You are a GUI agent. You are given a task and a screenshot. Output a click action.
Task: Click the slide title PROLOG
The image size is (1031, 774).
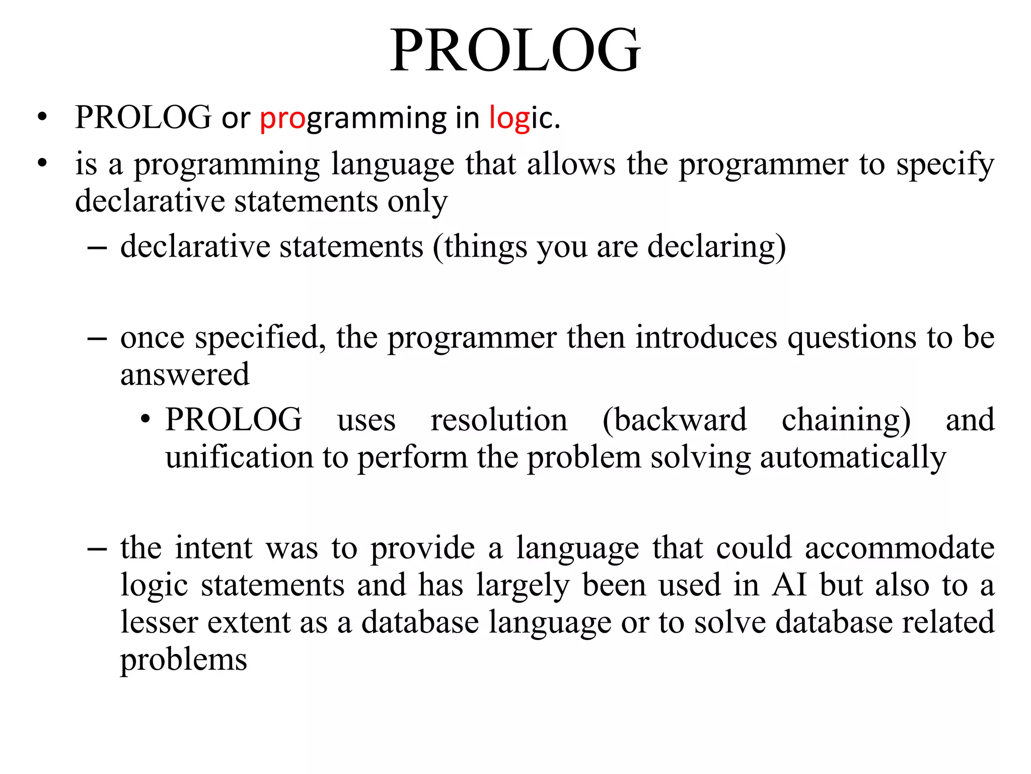(515, 50)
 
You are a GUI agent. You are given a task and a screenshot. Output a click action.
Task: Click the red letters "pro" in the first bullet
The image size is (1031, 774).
(282, 118)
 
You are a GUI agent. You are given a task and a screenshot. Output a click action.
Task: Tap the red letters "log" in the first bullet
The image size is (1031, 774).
(509, 118)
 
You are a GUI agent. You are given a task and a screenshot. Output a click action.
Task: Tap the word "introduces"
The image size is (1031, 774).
(706, 337)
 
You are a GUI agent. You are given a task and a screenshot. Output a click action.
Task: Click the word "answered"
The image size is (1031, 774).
(185, 374)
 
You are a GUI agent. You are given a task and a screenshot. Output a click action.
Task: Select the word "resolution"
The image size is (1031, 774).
(499, 420)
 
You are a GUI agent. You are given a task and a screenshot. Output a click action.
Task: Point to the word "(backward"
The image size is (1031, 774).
(675, 420)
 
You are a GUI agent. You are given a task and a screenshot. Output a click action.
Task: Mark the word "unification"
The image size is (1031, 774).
(239, 457)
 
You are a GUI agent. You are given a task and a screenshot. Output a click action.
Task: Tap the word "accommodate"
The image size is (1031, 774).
(900, 548)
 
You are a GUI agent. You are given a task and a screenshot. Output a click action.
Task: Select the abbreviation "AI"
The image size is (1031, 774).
(789, 585)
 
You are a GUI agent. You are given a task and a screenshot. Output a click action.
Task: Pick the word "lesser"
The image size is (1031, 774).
(159, 622)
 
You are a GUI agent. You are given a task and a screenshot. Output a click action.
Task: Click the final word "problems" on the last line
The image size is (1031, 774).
(184, 660)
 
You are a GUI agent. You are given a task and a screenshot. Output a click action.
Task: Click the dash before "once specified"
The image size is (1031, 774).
(97, 338)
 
